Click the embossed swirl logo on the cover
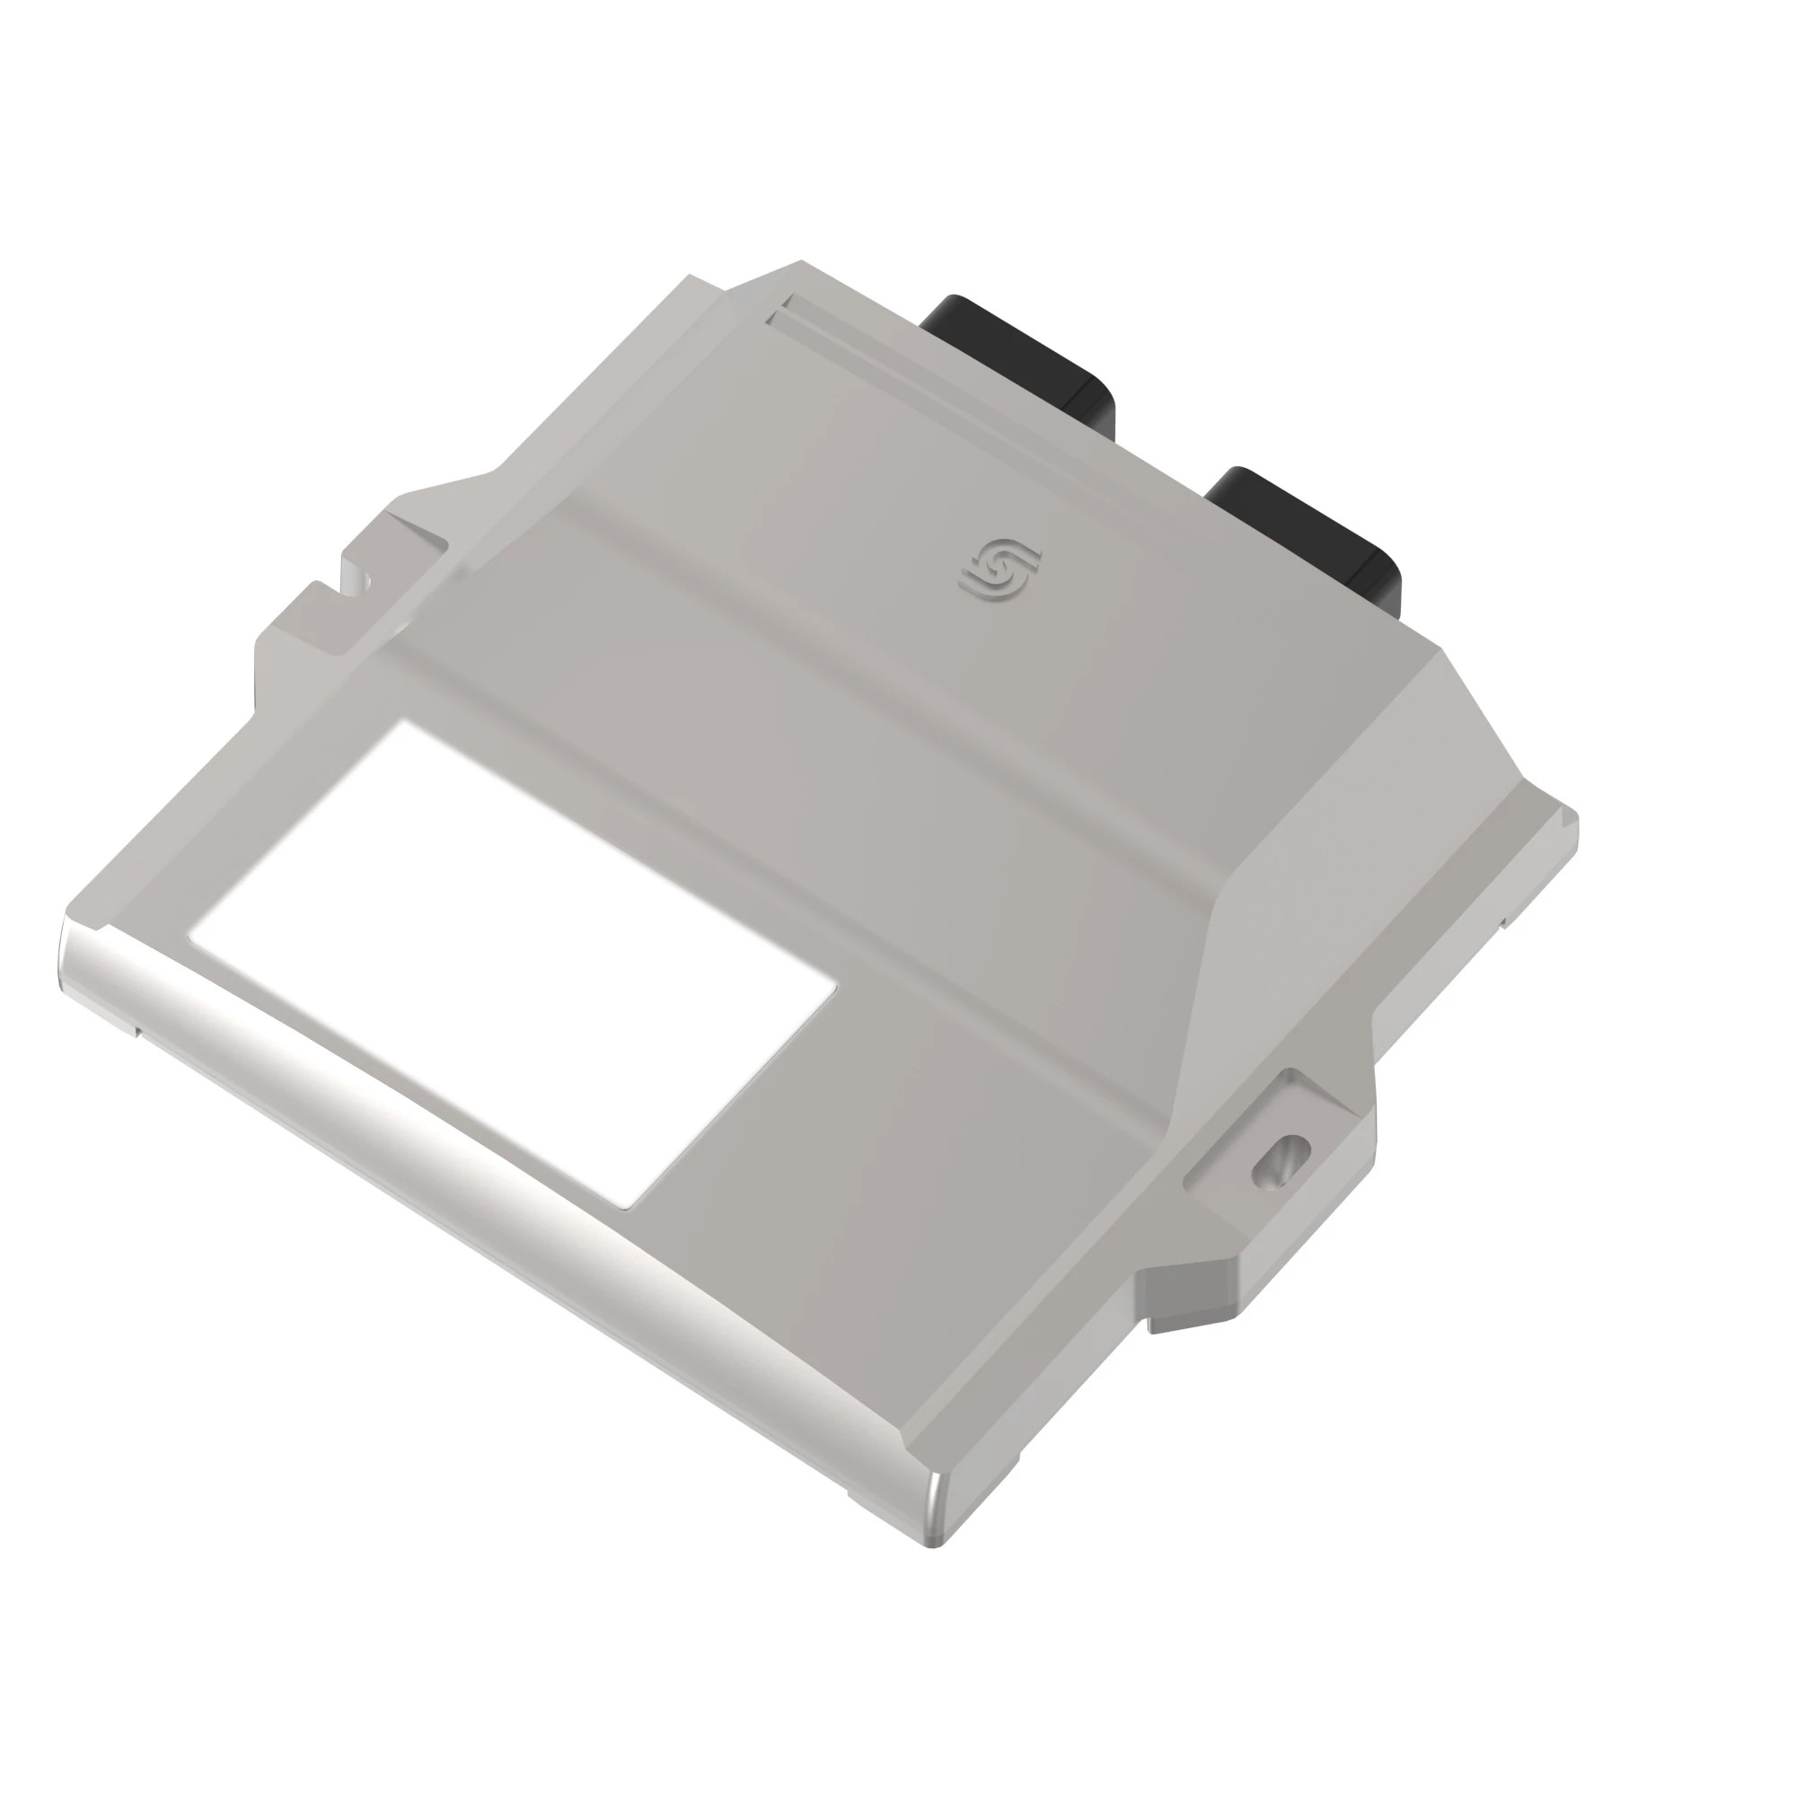1000,569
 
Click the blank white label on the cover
511,962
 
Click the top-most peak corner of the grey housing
799,264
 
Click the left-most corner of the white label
189,937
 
